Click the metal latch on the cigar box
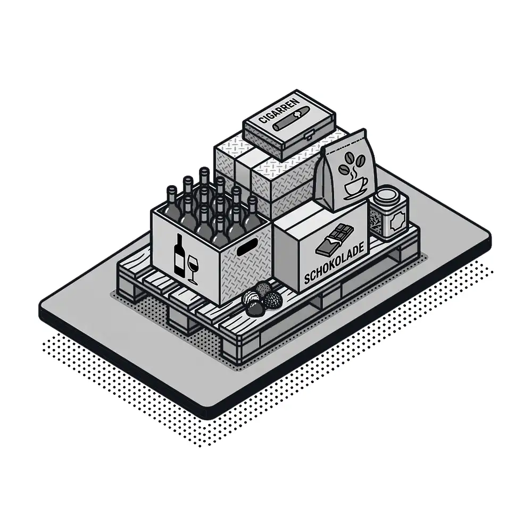(x=309, y=136)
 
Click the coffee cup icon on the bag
(x=355, y=188)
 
